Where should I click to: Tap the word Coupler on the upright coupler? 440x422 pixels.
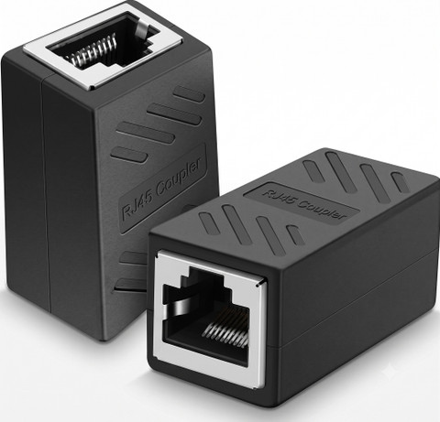(179, 178)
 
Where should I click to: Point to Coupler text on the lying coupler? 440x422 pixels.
(323, 209)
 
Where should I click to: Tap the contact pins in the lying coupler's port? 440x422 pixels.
(225, 327)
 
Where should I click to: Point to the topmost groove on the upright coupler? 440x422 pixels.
(189, 93)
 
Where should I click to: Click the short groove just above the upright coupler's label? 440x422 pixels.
(129, 154)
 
